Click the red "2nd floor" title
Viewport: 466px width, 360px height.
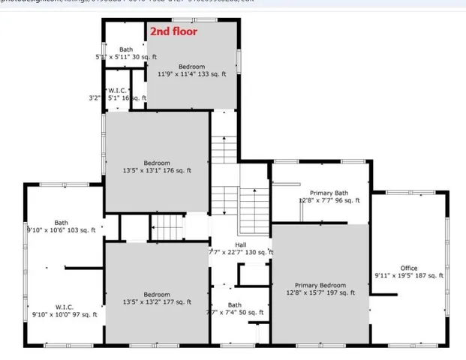click(173, 31)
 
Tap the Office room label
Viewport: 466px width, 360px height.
click(409, 268)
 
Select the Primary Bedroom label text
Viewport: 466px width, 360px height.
click(320, 285)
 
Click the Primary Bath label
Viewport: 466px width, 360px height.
click(329, 193)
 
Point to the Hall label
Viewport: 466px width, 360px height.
click(240, 244)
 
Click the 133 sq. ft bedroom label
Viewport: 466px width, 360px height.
click(191, 67)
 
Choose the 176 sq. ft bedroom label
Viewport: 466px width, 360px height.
click(157, 163)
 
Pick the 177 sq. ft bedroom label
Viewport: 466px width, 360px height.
click(157, 295)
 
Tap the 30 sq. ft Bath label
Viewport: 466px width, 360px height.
click(126, 49)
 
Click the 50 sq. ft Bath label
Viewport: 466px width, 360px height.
click(235, 305)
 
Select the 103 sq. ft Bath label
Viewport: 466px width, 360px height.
click(61, 223)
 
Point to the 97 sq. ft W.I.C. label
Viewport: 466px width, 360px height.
click(63, 307)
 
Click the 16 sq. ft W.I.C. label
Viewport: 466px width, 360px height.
click(126, 90)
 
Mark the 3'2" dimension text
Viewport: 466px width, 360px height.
click(95, 97)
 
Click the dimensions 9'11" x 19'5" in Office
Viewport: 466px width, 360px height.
click(409, 276)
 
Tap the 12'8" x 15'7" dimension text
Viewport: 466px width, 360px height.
click(320, 292)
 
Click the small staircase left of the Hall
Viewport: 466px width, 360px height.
click(167, 226)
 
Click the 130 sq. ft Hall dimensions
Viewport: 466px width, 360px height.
click(241, 253)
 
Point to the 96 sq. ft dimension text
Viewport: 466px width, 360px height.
click(329, 201)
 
